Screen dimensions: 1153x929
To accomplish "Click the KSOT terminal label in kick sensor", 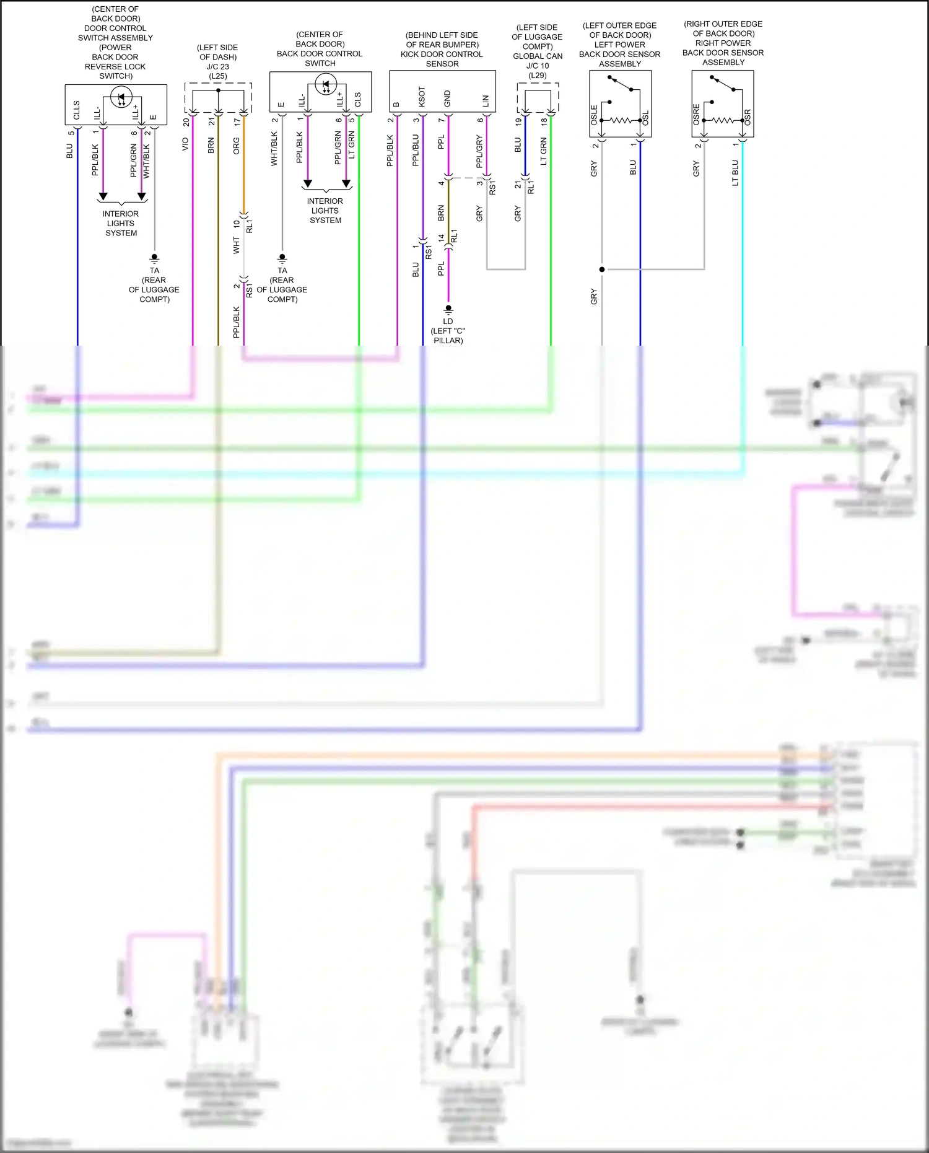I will coord(422,97).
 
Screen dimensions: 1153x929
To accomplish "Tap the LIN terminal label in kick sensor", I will coord(486,100).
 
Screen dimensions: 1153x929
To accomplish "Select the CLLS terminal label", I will coord(77,110).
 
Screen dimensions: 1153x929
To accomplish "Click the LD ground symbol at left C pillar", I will coord(448,309).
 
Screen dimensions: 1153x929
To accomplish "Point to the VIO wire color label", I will coord(185,144).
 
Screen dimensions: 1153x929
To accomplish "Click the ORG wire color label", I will coord(236,146).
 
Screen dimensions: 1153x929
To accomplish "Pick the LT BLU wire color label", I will coord(735,173).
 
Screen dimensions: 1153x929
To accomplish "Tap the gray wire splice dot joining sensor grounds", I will coord(602,270).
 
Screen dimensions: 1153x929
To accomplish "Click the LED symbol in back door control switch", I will coord(326,85).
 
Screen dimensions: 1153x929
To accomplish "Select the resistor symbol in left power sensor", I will coord(621,120).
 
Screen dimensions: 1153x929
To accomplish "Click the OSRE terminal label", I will coord(696,115).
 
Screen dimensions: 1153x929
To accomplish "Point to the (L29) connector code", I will coord(537,76).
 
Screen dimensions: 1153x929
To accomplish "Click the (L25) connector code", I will coord(217,76).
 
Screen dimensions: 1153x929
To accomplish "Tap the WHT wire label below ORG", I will coord(236,245).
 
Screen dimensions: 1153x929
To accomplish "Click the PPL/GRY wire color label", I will coord(479,152).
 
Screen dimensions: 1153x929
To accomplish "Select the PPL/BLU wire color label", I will coord(416,150).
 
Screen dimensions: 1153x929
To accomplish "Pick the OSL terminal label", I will coord(645,117).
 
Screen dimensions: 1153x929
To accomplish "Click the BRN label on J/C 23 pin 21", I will coord(211,146).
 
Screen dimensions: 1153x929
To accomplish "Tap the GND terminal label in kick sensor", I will coord(447,99).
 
